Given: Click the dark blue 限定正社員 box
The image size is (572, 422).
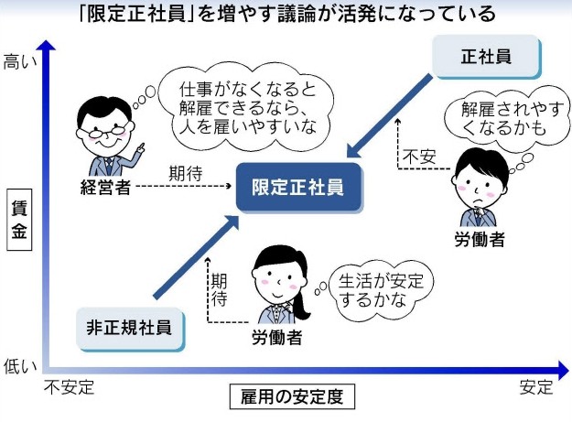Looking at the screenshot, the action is click(x=299, y=188).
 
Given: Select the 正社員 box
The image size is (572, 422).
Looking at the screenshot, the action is click(x=486, y=57).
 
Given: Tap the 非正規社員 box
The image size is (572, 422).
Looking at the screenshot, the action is click(x=130, y=329).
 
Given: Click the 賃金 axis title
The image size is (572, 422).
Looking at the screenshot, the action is click(x=19, y=220).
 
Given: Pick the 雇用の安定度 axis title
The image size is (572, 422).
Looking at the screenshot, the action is click(x=292, y=396).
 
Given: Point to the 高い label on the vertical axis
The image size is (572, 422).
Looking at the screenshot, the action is click(x=20, y=61).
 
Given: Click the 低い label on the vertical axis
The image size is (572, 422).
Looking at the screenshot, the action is click(x=20, y=366).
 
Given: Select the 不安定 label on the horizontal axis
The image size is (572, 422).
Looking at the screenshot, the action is click(x=70, y=387).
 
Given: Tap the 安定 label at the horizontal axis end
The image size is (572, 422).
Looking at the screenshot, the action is click(x=536, y=387).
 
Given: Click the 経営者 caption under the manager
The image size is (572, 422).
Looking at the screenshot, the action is click(x=105, y=188).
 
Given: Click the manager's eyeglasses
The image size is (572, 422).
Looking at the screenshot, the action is click(x=105, y=130).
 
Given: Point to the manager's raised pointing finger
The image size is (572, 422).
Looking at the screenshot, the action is click(x=141, y=146).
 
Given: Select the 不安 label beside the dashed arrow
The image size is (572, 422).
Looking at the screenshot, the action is click(x=419, y=157).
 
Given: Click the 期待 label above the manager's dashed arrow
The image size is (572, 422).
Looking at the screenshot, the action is click(x=185, y=174).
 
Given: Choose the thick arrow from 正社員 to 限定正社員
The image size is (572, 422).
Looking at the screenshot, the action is click(x=390, y=116).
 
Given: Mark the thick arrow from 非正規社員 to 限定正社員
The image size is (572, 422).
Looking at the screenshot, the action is click(x=196, y=257).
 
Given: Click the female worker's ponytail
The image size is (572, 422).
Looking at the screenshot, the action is click(x=301, y=299).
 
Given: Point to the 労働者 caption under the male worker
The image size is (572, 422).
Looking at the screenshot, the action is click(x=480, y=240).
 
